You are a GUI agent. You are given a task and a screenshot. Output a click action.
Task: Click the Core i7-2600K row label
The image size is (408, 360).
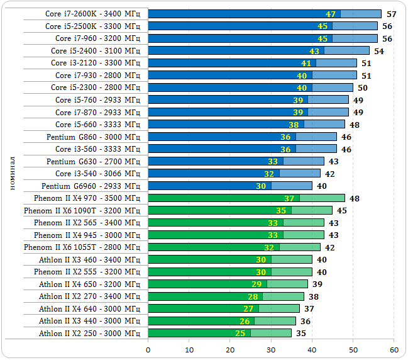click(92, 14)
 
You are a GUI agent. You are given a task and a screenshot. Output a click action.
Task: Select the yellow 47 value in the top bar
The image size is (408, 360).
click(331, 14)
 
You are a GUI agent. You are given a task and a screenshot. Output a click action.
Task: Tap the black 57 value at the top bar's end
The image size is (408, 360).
click(391, 14)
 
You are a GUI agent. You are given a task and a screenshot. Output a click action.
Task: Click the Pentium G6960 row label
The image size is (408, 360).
click(91, 186)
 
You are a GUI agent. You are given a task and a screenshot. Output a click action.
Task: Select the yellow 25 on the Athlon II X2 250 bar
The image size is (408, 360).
click(240, 334)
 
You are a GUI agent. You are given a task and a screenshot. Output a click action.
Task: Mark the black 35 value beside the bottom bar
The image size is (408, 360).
click(301, 334)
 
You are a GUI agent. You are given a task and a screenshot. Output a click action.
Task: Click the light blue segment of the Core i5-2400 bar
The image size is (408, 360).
click(346, 50)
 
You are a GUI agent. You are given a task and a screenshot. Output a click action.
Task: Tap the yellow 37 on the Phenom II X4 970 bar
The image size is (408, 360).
click(289, 198)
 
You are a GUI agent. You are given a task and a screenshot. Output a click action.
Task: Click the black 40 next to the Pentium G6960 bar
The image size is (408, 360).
click(321, 186)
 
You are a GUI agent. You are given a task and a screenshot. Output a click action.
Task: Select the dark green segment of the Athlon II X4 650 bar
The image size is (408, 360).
click(207, 284)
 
